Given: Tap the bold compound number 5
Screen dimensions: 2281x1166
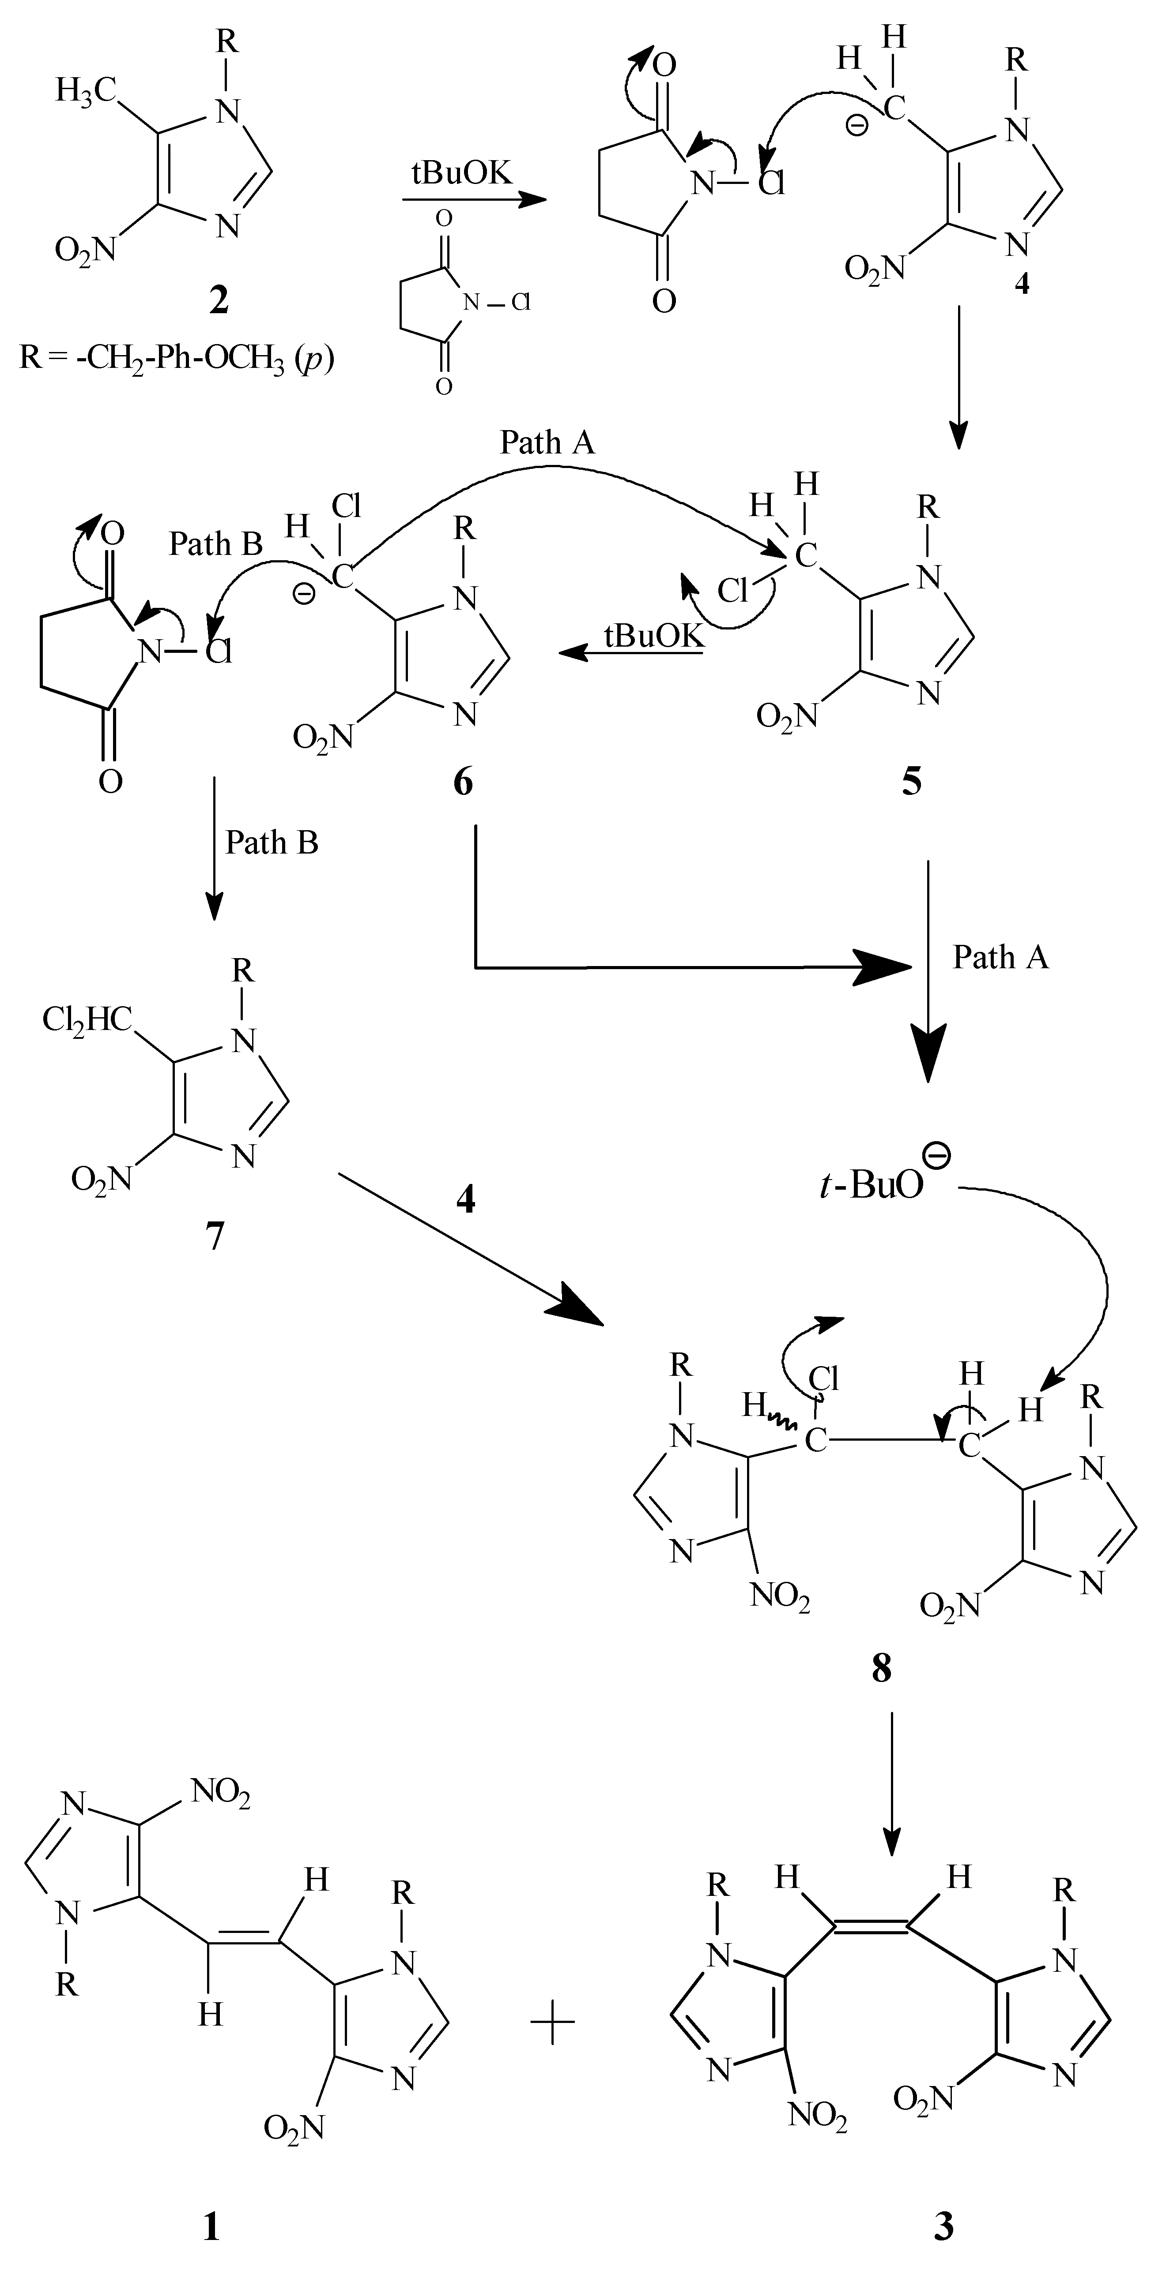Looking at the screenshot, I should click(911, 782).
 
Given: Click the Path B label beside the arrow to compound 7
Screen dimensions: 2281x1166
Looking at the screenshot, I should click(271, 843).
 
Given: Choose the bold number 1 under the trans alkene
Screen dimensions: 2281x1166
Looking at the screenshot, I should click(211, 2225).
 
